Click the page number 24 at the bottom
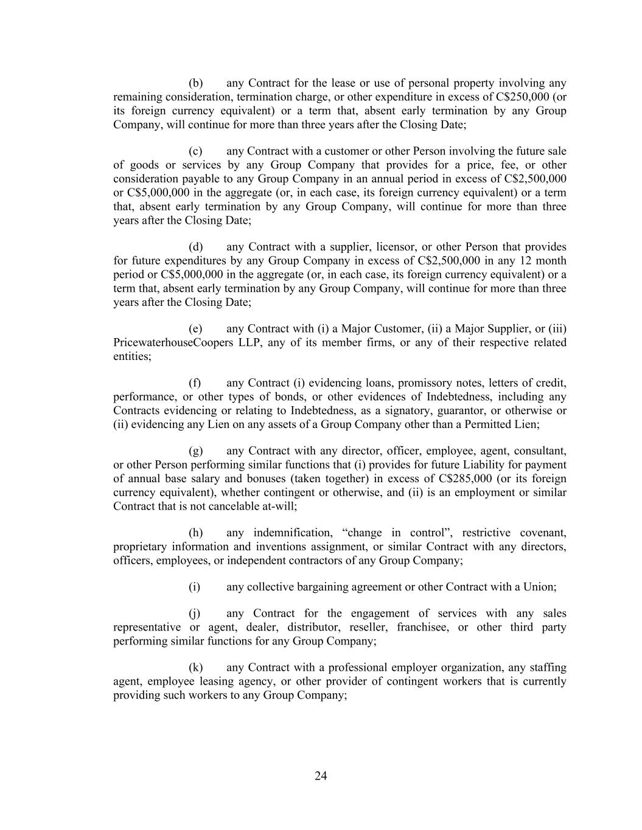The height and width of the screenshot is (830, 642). click(x=321, y=776)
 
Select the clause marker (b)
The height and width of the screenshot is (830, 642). click(x=195, y=83)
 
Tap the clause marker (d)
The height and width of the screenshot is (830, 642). click(x=195, y=247)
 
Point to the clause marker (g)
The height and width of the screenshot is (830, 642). click(x=195, y=451)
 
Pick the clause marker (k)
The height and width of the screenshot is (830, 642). click(x=195, y=668)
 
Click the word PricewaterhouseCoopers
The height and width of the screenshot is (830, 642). click(x=170, y=342)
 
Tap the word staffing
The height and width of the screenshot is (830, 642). click(x=546, y=668)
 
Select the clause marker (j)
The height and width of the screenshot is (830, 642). click(x=195, y=614)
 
